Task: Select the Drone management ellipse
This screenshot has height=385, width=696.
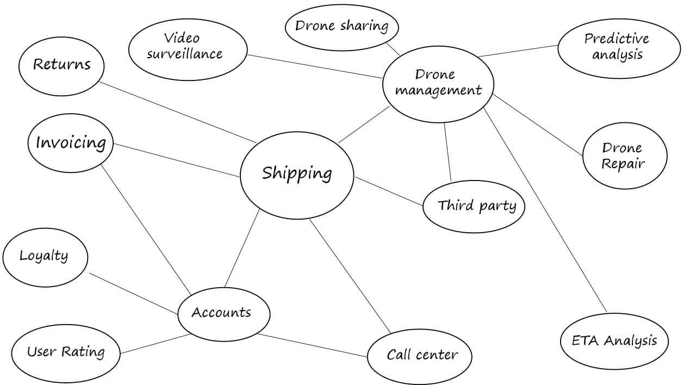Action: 438,84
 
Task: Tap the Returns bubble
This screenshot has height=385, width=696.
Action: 61,65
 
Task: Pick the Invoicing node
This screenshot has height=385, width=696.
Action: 71,143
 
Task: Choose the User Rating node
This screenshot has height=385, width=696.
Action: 66,352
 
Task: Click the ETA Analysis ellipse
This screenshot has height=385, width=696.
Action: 614,341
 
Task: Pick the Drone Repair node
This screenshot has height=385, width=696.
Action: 624,156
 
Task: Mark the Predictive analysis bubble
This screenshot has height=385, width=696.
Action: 619,47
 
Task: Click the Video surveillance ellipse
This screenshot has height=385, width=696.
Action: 187,47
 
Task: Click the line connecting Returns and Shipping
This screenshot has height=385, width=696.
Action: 178,113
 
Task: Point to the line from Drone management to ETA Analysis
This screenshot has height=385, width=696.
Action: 545,210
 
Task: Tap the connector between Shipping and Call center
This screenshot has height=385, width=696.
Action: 350,276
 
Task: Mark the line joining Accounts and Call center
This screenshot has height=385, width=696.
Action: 312,345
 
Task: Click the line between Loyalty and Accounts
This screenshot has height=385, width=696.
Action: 134,294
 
